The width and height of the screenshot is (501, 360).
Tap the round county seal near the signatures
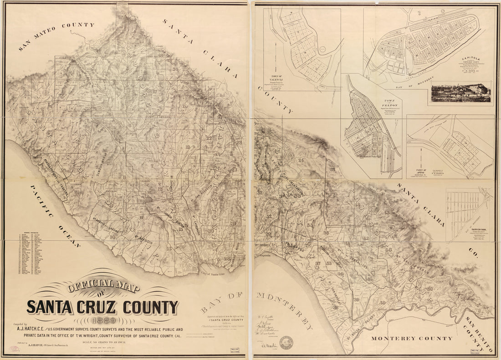click(x=286, y=342)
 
